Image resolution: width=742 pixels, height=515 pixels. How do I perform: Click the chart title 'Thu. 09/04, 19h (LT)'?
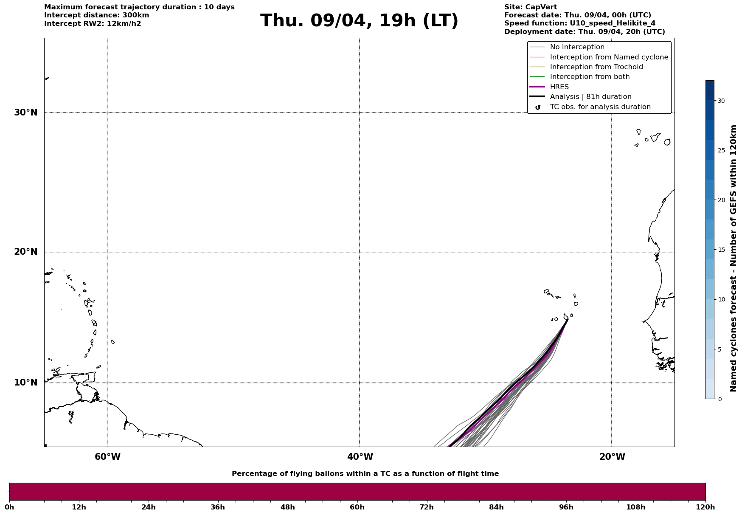[x=359, y=21]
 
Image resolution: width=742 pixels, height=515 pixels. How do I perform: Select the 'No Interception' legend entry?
[x=577, y=47]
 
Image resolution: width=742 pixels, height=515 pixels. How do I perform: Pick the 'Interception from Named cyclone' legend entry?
[x=609, y=57]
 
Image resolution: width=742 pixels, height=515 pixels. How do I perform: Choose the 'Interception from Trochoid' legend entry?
[x=596, y=67]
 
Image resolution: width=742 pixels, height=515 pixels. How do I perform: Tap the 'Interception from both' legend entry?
[x=590, y=77]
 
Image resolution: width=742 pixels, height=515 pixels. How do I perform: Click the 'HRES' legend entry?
[x=559, y=87]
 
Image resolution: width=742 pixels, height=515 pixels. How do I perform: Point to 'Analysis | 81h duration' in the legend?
[x=590, y=97]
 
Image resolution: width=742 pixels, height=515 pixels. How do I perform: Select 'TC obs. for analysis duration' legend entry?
[x=600, y=107]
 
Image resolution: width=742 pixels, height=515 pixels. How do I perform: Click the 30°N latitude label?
[x=26, y=113]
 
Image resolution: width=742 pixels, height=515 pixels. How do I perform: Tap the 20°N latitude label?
[x=26, y=252]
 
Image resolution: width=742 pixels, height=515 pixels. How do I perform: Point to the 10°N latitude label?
[x=26, y=383]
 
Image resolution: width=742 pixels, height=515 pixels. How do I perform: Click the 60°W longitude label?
[x=107, y=457]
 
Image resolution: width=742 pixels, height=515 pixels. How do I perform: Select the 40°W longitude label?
[x=360, y=457]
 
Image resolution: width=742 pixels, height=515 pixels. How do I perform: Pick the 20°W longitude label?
[x=612, y=457]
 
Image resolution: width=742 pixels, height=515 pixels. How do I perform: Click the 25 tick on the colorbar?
[x=721, y=150]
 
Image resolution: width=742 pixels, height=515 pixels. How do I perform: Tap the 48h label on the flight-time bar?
[x=287, y=507]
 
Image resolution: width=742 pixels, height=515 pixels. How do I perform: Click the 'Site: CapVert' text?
[x=530, y=7]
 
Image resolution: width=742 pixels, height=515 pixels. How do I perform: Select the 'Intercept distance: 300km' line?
[x=96, y=15]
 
